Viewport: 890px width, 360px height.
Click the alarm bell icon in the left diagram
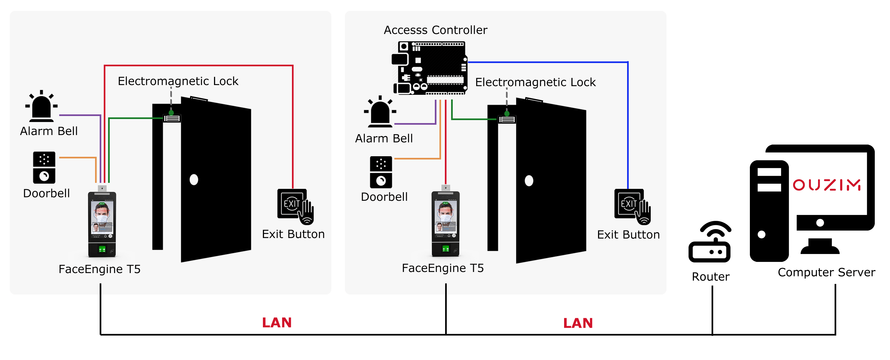coord(42,107)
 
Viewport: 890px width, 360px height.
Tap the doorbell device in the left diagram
coord(44,168)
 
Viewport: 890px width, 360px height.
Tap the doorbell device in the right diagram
coord(381,172)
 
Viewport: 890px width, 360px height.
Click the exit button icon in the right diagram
coord(632,206)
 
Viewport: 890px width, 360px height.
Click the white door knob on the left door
coord(194,180)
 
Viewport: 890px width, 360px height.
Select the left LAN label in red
coord(277,323)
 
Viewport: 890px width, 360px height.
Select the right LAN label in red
coord(578,323)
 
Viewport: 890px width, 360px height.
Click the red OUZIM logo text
coord(826,185)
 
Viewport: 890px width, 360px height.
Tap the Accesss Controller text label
coord(435,30)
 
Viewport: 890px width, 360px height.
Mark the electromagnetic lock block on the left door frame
coord(172,118)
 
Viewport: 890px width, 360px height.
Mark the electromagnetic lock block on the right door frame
coord(507,120)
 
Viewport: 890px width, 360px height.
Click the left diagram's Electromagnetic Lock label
coord(178,81)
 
